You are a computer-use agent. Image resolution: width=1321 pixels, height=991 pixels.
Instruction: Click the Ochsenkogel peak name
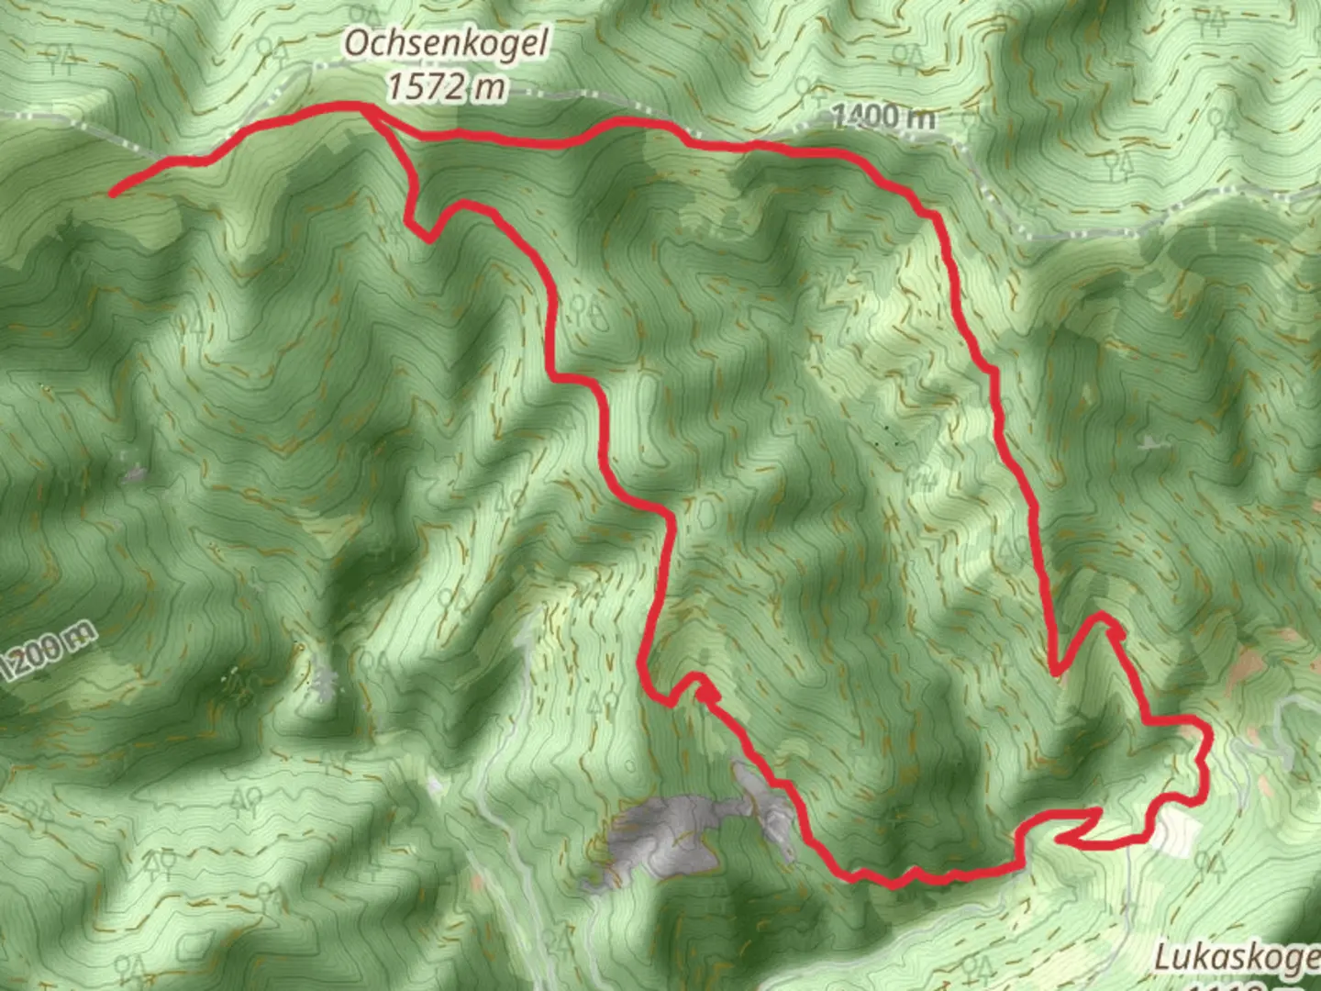point(447,43)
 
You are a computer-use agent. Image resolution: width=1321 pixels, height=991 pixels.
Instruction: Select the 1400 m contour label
point(883,117)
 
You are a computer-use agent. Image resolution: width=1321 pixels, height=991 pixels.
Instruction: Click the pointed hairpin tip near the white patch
point(1060,837)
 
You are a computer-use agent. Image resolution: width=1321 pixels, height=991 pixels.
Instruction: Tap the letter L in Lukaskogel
point(1163,957)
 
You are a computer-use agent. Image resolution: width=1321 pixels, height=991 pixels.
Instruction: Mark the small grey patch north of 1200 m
point(135,474)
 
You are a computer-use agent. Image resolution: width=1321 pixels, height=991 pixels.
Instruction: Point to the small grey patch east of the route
point(1149,444)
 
